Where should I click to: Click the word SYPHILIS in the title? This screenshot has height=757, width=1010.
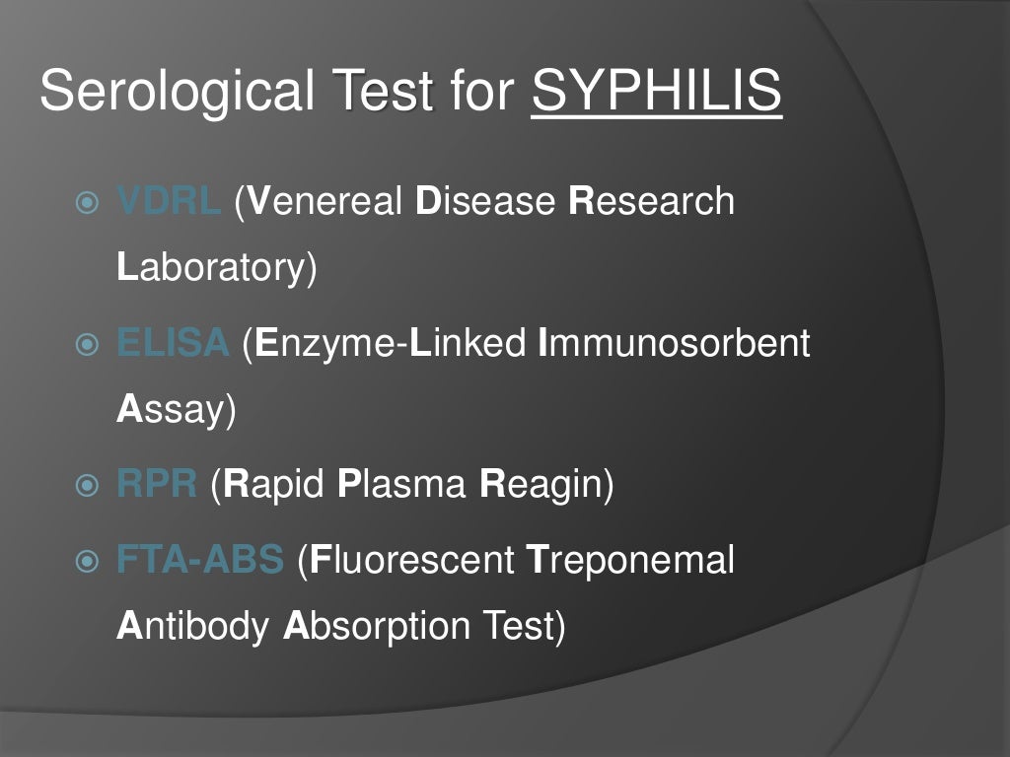pos(656,93)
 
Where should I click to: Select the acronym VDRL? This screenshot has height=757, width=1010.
pos(169,201)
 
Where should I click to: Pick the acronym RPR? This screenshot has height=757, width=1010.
pos(157,485)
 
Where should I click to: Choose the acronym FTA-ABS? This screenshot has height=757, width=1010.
pos(200,560)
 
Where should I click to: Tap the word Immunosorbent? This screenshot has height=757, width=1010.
pos(674,344)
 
